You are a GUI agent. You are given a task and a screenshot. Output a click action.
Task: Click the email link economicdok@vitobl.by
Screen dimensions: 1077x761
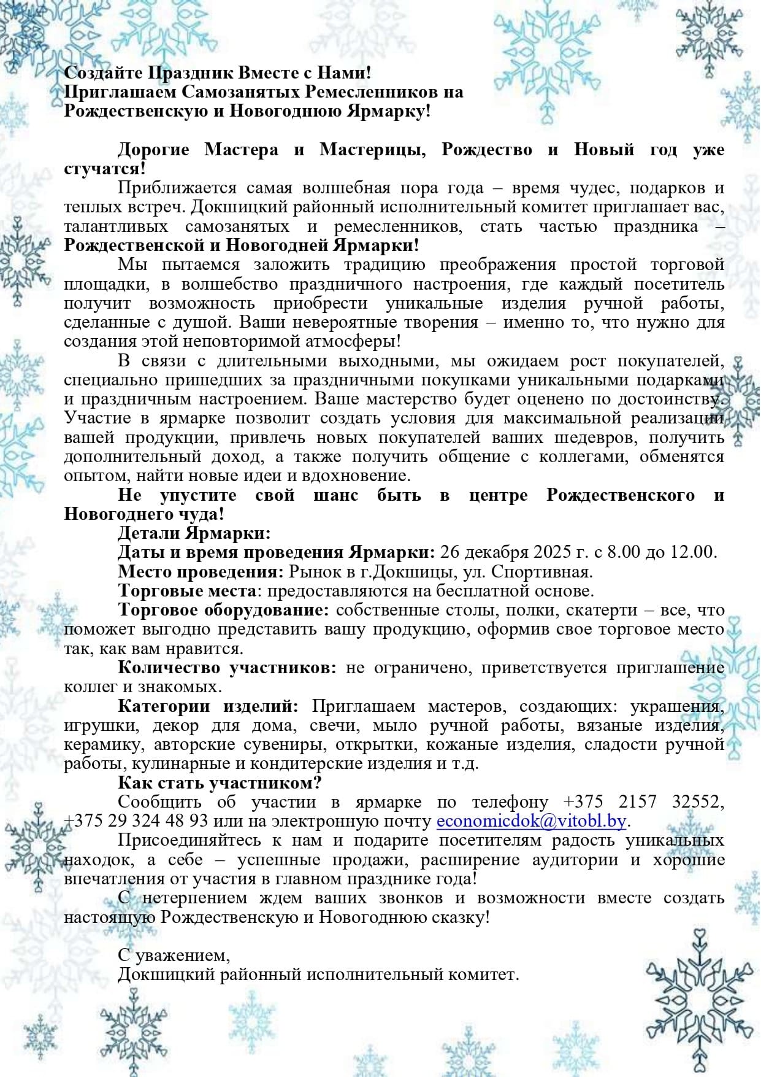click(x=531, y=821)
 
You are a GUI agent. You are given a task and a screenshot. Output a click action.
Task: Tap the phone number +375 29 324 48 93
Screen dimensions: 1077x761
click(x=136, y=821)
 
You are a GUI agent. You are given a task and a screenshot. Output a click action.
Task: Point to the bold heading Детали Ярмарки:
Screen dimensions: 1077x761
click(x=194, y=533)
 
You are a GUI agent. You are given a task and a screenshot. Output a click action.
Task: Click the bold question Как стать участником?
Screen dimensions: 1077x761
click(x=220, y=783)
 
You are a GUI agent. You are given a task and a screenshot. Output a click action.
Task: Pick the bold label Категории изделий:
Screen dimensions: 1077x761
click(x=208, y=706)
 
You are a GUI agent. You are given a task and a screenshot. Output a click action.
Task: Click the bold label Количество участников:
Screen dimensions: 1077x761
click(x=227, y=668)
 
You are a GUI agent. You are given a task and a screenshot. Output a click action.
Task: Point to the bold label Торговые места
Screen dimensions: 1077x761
click(x=186, y=591)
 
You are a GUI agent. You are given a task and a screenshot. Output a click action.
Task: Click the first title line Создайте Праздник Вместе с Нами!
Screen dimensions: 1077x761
click(x=218, y=73)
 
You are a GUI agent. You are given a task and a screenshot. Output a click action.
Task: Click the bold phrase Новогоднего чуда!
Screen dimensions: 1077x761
click(x=143, y=514)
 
